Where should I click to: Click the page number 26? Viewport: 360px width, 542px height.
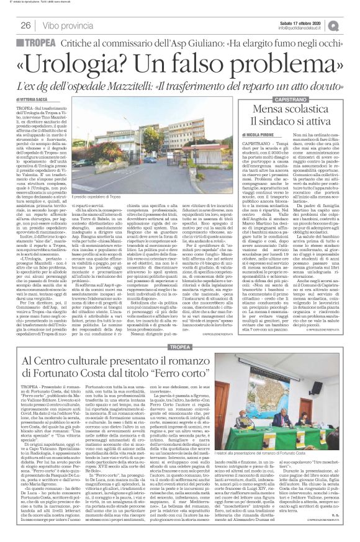click(25, 25)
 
